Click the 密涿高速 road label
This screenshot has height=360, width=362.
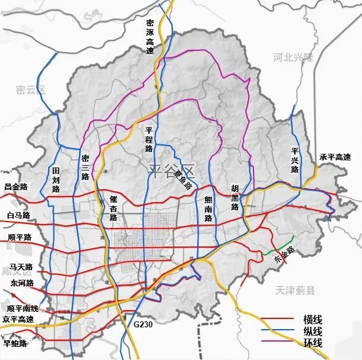coord(150,36)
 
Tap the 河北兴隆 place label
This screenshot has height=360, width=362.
coord(293,58)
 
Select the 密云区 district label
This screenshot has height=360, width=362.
coord(31,90)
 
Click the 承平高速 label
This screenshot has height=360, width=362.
coord(335,157)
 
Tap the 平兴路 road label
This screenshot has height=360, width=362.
coord(295,160)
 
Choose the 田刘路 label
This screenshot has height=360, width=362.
coord(56,180)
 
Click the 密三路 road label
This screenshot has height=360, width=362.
coord(85,168)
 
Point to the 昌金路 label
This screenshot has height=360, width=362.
coord(16,187)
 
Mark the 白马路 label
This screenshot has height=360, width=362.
coord(18,214)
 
